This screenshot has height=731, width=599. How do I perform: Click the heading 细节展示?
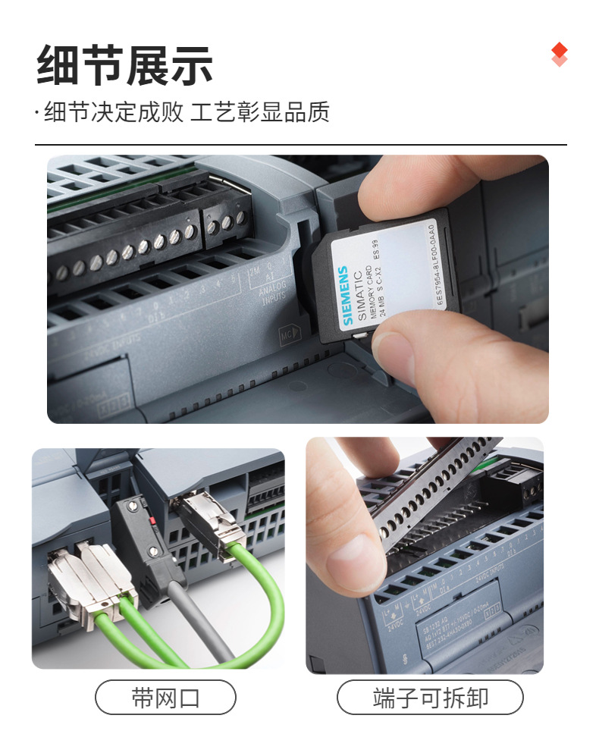[125, 65]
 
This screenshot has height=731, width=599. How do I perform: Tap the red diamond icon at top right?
[560, 54]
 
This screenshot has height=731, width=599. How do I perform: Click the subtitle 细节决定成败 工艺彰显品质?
[187, 112]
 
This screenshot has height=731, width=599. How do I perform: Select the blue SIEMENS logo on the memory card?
[347, 295]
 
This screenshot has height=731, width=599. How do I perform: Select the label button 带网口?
[165, 697]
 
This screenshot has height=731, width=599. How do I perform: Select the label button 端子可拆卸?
[430, 697]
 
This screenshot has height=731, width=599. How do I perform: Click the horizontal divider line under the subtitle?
[300, 144]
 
